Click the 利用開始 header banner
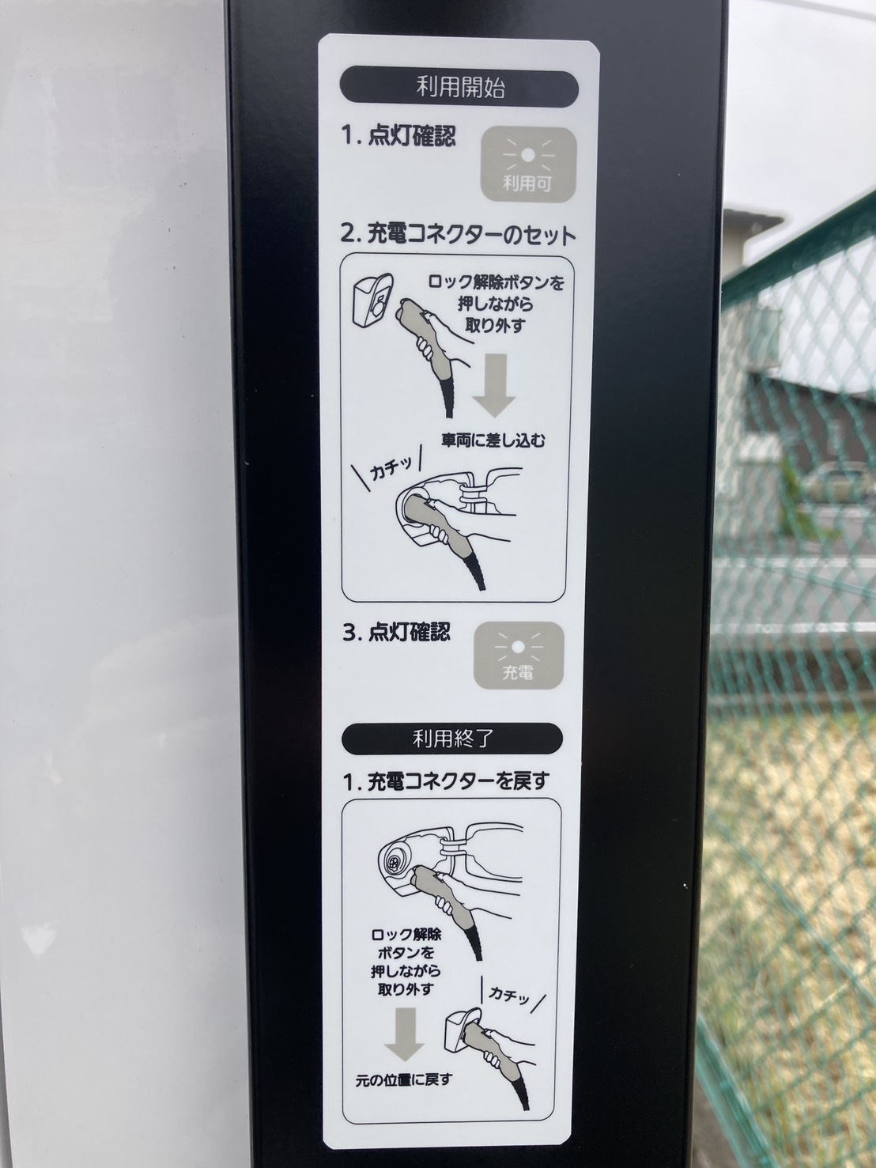[459, 87]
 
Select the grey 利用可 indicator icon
[527, 164]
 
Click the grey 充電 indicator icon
[518, 655]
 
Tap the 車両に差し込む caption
[493, 440]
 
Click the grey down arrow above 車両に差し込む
[494, 384]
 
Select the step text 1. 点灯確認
[398, 137]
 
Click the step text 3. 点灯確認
[397, 632]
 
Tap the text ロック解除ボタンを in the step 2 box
[496, 283]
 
